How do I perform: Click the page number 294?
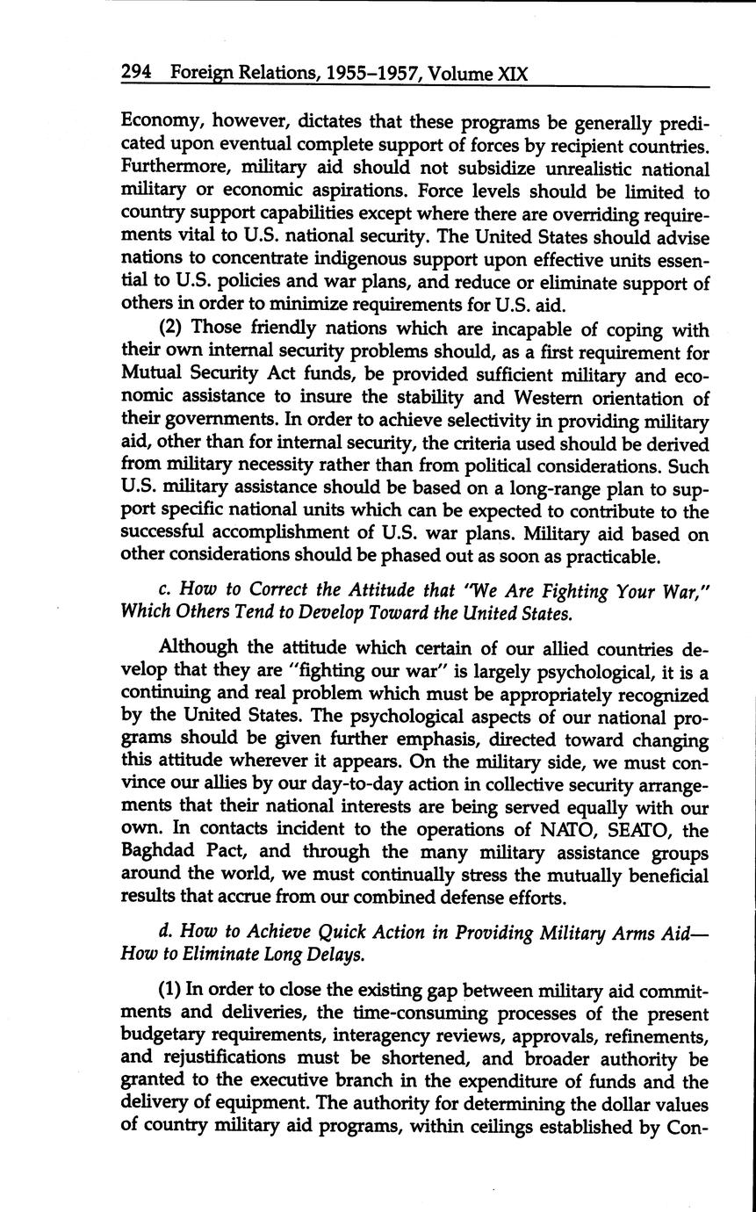(137, 74)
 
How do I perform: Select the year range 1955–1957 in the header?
(349, 74)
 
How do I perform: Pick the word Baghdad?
(159, 853)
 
